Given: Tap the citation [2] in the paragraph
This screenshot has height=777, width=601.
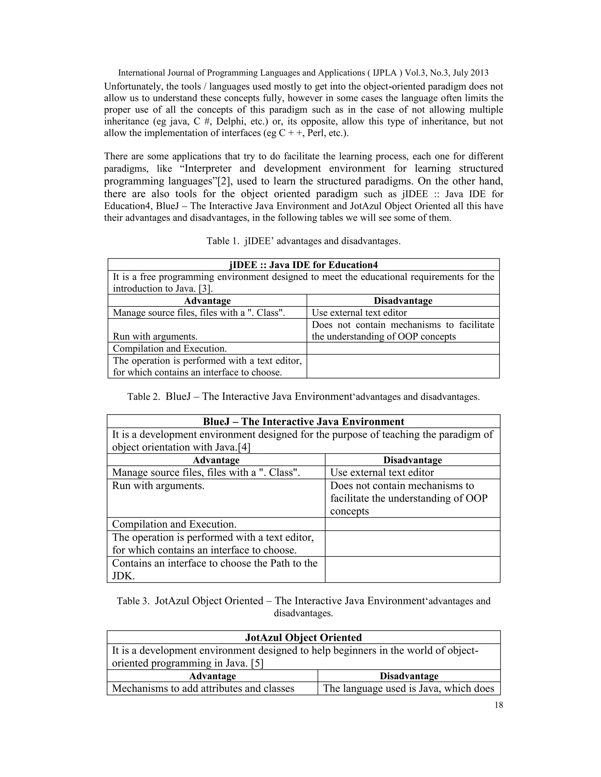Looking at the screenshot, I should tap(225, 181).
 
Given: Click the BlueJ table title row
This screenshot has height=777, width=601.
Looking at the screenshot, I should tap(303, 422).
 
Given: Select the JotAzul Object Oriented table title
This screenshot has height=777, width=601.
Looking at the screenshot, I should tap(303, 637).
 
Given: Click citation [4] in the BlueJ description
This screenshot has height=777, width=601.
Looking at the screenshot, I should tap(244, 447).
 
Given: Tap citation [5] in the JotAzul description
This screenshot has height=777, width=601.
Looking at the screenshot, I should tap(257, 663).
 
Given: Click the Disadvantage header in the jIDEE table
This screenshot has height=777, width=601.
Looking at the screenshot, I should tap(403, 301).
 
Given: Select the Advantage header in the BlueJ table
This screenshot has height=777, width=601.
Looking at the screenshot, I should tap(216, 460).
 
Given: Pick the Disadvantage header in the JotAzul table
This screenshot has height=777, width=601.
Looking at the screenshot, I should tap(409, 676).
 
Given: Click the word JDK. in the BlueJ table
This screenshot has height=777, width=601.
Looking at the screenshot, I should tap(123, 576).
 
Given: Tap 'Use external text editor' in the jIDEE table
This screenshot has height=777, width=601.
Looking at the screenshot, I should tap(359, 313).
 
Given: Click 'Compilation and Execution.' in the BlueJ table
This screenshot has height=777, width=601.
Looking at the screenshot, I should tap(174, 524).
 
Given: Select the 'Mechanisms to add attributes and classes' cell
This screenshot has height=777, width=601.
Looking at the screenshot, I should tap(203, 688).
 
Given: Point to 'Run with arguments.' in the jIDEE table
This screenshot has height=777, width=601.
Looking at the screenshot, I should tap(155, 336).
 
